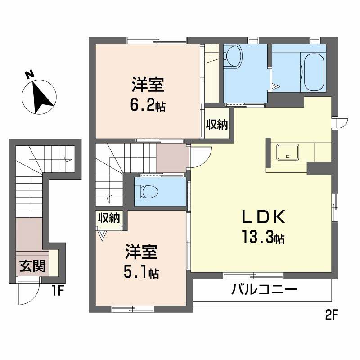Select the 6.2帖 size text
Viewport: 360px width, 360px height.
148,106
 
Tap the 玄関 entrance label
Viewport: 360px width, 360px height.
31,267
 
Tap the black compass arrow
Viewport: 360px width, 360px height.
42,97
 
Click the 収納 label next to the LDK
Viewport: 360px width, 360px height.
217,125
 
